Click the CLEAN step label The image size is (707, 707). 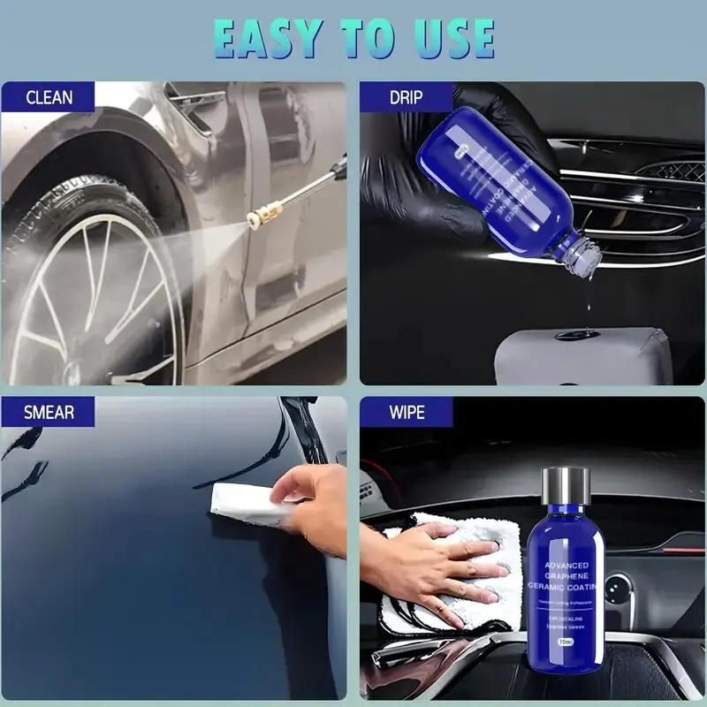[49, 97]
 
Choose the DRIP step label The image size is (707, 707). [406, 97]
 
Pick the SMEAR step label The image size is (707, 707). [49, 412]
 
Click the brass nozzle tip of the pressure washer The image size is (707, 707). [259, 213]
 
